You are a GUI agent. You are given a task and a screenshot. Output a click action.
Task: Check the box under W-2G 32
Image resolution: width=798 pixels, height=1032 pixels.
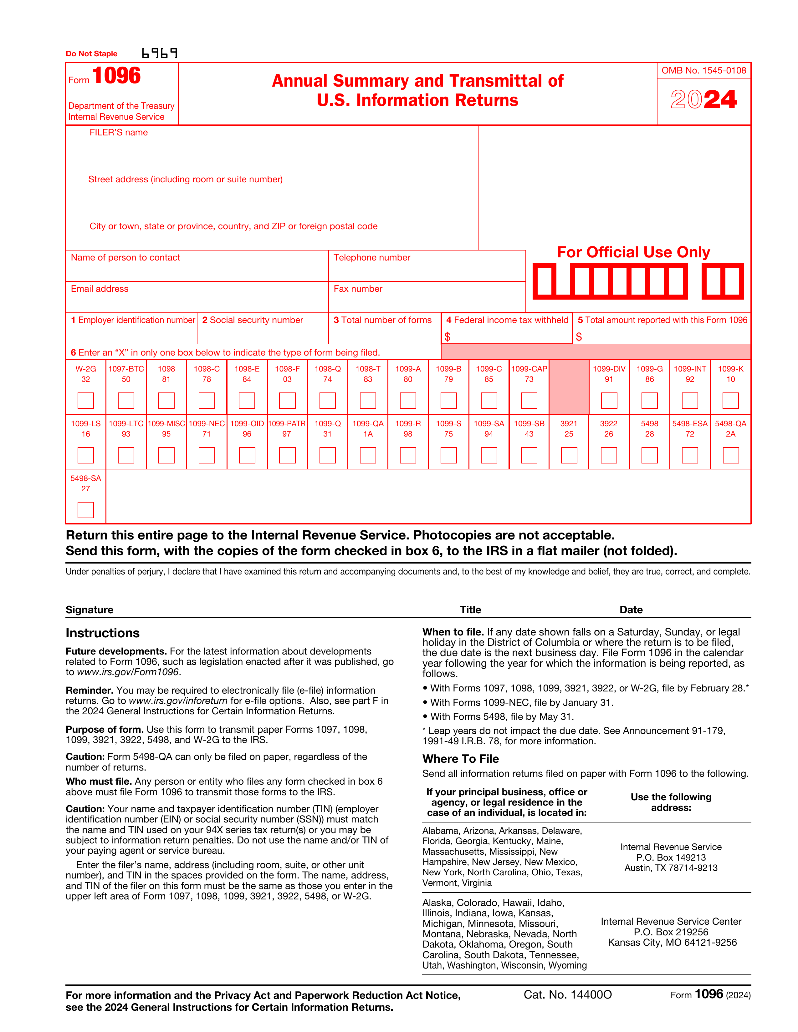tap(85, 400)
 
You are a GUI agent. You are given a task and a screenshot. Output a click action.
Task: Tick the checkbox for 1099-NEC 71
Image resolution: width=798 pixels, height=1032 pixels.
tap(207, 455)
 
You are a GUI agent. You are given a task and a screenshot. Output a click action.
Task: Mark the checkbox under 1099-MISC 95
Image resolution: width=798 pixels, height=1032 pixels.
tap(166, 455)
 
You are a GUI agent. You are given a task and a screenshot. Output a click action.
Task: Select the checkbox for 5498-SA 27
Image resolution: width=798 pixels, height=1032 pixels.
tap(85, 510)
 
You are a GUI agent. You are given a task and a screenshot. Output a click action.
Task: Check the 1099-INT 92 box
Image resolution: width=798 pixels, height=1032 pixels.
tap(690, 400)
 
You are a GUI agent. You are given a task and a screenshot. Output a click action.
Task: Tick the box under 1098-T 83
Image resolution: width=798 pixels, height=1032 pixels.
tap(368, 400)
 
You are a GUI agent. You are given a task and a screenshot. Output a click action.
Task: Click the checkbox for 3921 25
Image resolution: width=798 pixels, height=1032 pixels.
tap(569, 455)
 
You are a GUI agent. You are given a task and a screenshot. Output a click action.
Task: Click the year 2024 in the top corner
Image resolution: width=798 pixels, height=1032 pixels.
tap(703, 100)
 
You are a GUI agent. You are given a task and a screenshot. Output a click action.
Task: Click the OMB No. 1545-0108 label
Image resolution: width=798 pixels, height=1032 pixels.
tap(703, 70)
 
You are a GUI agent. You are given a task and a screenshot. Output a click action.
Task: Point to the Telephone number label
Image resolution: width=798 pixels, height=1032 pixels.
tap(371, 257)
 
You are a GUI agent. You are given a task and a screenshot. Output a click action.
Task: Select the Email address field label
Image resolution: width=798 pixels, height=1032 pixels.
tap(100, 289)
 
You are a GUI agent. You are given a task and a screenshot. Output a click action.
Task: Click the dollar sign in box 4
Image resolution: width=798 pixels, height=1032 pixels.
tap(447, 336)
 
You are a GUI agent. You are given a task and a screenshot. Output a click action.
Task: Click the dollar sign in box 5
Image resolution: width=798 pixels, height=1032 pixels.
tap(579, 336)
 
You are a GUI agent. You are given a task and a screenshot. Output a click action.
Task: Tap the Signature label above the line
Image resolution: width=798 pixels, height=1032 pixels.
tap(90, 610)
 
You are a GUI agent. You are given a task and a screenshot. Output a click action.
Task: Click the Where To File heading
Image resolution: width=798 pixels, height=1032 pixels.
tap(460, 758)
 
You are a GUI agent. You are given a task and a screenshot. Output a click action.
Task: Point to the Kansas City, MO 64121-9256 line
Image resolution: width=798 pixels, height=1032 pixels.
tap(672, 942)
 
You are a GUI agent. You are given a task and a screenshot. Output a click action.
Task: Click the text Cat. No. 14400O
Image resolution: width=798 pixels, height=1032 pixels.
tap(567, 995)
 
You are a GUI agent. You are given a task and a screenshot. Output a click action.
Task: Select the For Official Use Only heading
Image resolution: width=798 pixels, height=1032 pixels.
tap(633, 252)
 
